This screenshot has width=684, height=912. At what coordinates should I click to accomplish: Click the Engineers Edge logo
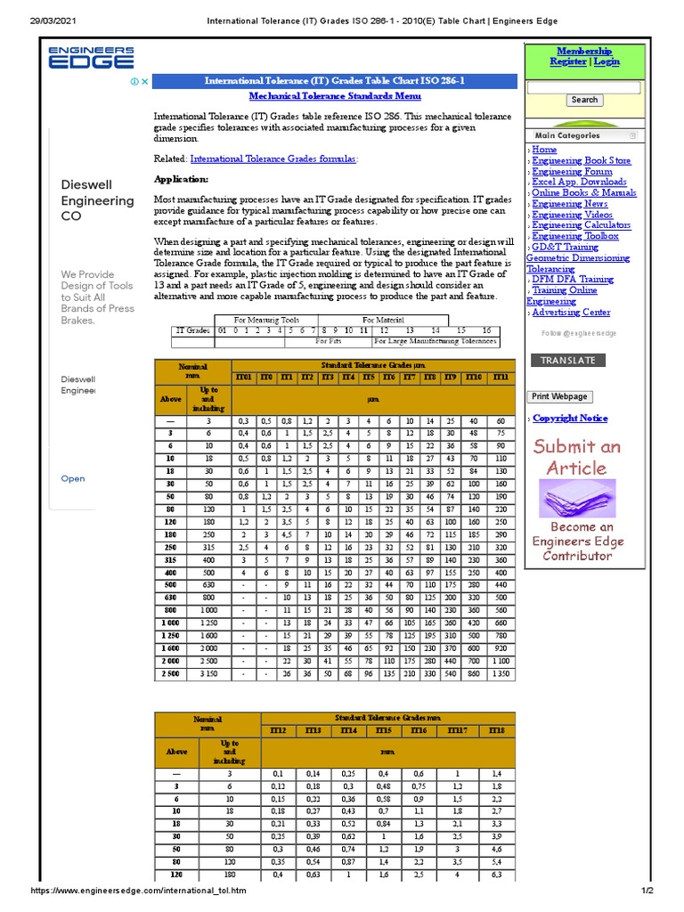click(91, 58)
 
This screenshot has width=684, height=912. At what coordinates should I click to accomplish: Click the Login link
click(607, 62)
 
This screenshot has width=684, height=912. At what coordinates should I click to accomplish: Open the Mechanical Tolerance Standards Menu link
click(335, 96)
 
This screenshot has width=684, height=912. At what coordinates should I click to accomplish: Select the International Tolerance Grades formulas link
click(273, 159)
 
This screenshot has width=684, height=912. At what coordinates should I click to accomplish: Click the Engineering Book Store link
click(582, 161)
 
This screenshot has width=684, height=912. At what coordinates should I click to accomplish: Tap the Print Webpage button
click(559, 396)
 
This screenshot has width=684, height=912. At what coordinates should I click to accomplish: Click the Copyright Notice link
click(570, 419)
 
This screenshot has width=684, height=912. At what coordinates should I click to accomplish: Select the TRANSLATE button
click(568, 361)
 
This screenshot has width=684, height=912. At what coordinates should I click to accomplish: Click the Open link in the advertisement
click(73, 479)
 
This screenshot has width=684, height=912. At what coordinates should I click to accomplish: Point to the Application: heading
click(181, 179)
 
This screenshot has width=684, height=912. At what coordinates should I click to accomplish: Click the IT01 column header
click(243, 378)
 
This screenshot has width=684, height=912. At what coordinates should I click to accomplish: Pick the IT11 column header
click(501, 378)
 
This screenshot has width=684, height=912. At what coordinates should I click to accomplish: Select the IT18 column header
click(496, 731)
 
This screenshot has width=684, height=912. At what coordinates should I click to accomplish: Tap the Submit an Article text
click(577, 457)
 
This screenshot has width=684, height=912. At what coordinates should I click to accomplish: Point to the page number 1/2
click(647, 892)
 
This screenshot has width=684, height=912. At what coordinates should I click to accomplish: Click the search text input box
click(583, 87)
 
